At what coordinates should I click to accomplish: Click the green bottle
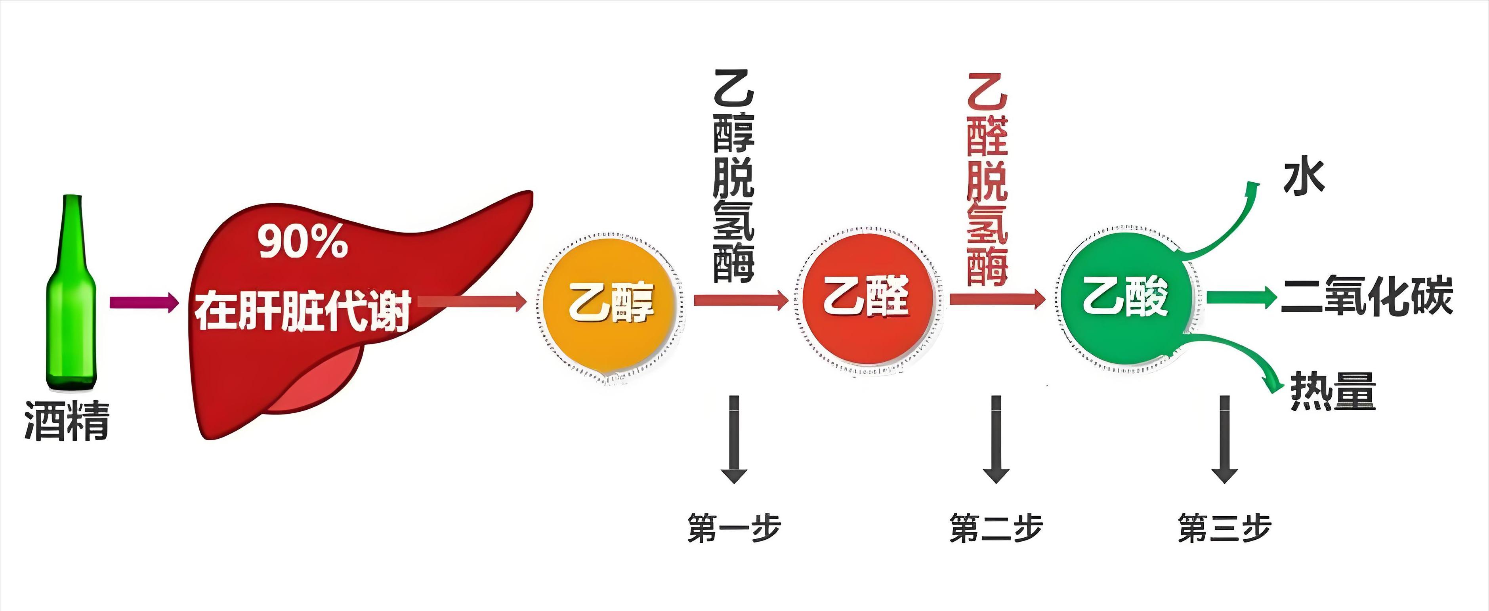72,292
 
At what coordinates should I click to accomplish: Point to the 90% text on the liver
302,242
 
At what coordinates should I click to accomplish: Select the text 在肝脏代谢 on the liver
303,310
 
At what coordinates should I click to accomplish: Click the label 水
1304,178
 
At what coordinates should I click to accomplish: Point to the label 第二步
996,528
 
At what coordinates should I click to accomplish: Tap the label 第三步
1225,528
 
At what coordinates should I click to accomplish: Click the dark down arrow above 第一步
734,439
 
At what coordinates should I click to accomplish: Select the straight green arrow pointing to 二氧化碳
1242,298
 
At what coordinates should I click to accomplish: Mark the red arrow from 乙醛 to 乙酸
997,299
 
